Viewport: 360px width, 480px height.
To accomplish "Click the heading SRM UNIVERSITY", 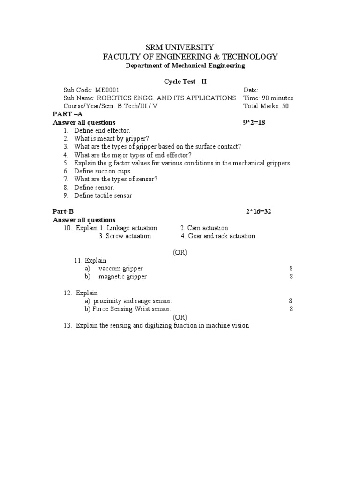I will click(180, 47).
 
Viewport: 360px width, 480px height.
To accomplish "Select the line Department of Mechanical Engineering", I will click(185, 66).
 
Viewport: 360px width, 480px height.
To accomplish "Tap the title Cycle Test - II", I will click(185, 82).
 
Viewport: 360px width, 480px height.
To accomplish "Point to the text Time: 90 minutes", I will click(268, 98).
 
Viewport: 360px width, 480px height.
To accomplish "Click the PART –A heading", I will click(68, 114).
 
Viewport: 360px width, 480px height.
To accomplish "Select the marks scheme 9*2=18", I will click(254, 123).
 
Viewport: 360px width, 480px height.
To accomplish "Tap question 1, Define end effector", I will click(102, 131).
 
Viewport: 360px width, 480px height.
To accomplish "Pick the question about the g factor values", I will click(182, 163).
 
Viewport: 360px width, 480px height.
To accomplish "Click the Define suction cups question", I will click(102, 171).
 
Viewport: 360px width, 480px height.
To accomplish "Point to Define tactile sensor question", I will click(103, 195).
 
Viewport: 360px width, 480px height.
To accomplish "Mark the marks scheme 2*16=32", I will click(259, 211).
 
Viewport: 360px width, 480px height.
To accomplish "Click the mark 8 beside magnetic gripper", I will click(291, 277).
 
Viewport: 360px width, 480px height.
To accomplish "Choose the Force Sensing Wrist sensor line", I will click(131, 309).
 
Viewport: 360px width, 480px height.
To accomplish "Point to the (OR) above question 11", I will click(180, 252).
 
